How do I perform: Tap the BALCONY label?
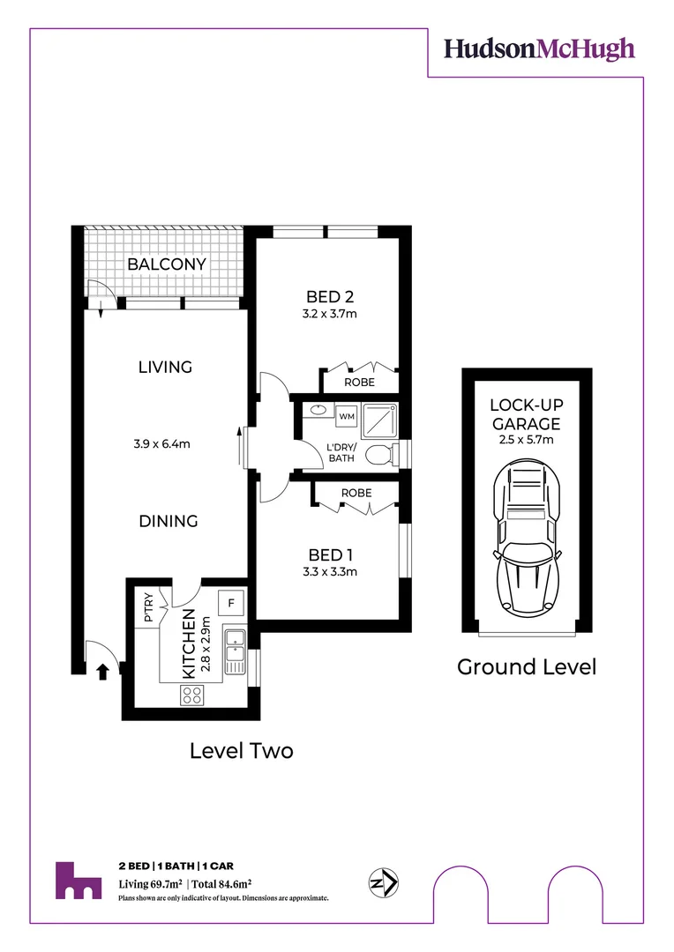pyautogui.click(x=167, y=264)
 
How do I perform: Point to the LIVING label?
pyautogui.click(x=165, y=367)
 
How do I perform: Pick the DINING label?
pyautogui.click(x=168, y=521)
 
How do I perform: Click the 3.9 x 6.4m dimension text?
pyautogui.click(x=165, y=443)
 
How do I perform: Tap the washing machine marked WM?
pyautogui.click(x=346, y=414)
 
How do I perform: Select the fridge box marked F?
pyautogui.click(x=231, y=603)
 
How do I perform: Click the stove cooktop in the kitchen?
pyautogui.click(x=193, y=695)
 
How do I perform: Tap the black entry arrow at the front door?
pyautogui.click(x=102, y=672)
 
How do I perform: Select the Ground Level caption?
pyautogui.click(x=526, y=667)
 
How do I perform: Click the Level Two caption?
pyautogui.click(x=242, y=751)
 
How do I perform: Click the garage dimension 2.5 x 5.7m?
pyautogui.click(x=526, y=440)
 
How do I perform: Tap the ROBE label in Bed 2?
pyautogui.click(x=360, y=383)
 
